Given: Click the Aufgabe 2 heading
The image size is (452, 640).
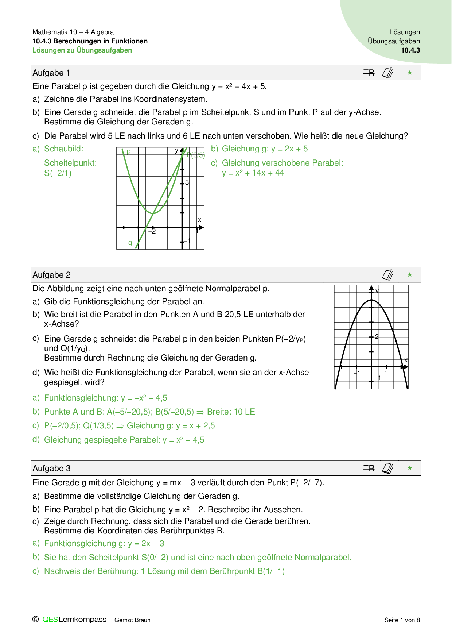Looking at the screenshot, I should tap(51, 275).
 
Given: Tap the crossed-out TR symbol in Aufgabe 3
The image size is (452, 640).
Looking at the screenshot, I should tap(369, 468).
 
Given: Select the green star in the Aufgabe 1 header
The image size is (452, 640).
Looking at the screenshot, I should tap(410, 73).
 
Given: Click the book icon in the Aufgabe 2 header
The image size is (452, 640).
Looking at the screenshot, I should tap(387, 275).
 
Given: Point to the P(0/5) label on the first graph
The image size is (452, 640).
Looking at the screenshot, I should tap(196, 155).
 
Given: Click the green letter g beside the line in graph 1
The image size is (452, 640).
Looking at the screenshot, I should tap(130, 243).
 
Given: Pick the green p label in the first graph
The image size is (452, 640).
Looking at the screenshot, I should tap(129, 151).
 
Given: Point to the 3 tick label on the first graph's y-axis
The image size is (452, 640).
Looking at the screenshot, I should tap(187, 182).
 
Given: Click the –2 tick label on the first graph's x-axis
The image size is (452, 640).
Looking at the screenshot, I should tap(152, 231).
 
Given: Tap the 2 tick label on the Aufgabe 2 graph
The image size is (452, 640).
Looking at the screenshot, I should tap(377, 336).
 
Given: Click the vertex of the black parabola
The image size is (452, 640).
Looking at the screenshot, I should tap(371, 300).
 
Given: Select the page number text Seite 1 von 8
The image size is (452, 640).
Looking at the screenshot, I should tap(402, 620).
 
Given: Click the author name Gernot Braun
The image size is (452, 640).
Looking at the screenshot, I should tap(132, 620).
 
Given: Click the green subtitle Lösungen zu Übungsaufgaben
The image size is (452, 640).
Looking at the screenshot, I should tap(82, 50).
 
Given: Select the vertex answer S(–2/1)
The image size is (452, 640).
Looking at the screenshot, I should tap(58, 173).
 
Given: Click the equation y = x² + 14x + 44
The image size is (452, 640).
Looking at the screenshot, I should tap(253, 173).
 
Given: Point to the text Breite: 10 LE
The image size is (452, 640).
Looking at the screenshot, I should tap(231, 412).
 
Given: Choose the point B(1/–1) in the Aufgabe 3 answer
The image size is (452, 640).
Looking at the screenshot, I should tap(271, 571).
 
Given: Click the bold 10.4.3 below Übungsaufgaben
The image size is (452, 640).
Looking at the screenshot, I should tap(410, 50).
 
